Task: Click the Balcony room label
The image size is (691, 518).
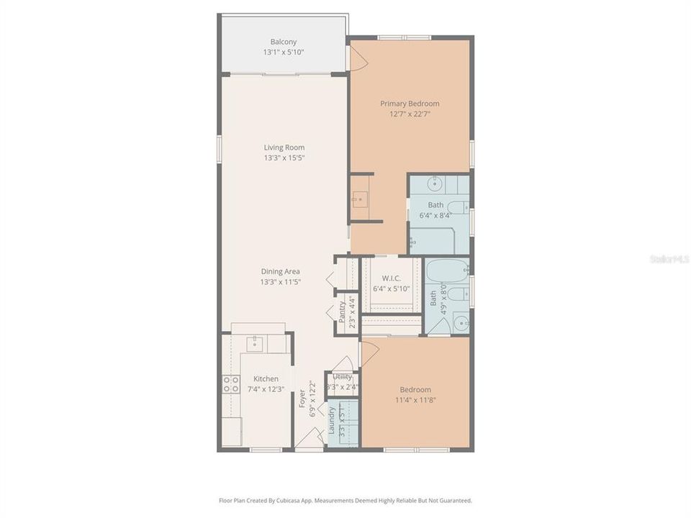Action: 283,42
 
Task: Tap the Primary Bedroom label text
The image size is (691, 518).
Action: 410,104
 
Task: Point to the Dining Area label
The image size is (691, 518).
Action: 280,271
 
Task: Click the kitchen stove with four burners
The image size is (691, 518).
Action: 230,384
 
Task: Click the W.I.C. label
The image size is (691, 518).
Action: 391,278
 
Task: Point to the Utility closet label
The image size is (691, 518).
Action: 343,377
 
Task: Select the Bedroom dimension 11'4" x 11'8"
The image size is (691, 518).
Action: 416,400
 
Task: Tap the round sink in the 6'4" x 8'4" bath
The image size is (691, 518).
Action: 435,185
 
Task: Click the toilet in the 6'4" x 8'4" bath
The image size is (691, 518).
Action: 413,243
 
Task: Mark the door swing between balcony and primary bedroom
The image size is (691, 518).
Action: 358,58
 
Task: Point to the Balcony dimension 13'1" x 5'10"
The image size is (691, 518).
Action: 283,53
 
